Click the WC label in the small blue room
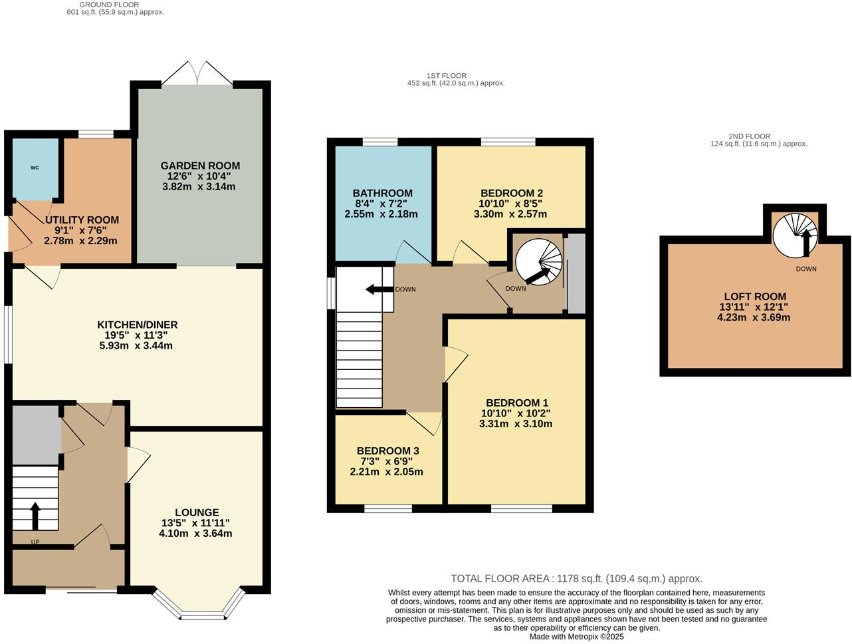[35, 168]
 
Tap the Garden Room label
[200, 166]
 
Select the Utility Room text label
[82, 220]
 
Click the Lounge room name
[197, 512]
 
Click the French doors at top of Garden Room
[197, 74]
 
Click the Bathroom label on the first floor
[382, 193]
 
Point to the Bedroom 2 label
[512, 193]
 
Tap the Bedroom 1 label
[517, 402]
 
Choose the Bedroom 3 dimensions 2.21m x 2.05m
[386, 472]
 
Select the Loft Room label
[755, 297]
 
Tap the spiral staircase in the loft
[797, 235]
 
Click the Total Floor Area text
[576, 579]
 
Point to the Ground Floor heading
[109, 5]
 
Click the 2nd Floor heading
[749, 136]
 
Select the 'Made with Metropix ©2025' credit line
[576, 637]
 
